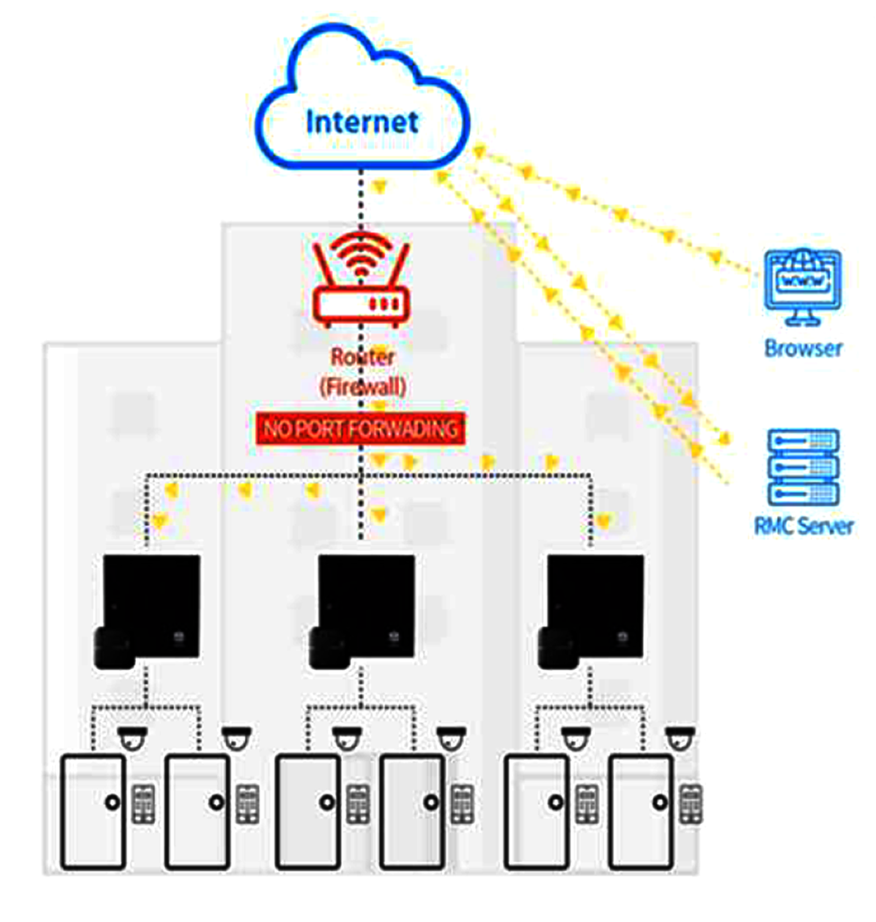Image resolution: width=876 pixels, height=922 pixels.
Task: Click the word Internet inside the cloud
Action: pyautogui.click(x=362, y=122)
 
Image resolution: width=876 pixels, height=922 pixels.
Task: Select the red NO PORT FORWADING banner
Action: pyautogui.click(x=360, y=429)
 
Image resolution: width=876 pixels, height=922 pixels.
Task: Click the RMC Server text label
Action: pyautogui.click(x=803, y=526)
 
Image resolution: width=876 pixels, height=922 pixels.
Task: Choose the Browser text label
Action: pyautogui.click(x=803, y=348)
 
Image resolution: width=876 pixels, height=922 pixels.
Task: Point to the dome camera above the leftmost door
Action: pyautogui.click(x=133, y=738)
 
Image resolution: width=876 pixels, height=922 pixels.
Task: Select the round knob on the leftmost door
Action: pyautogui.click(x=111, y=801)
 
